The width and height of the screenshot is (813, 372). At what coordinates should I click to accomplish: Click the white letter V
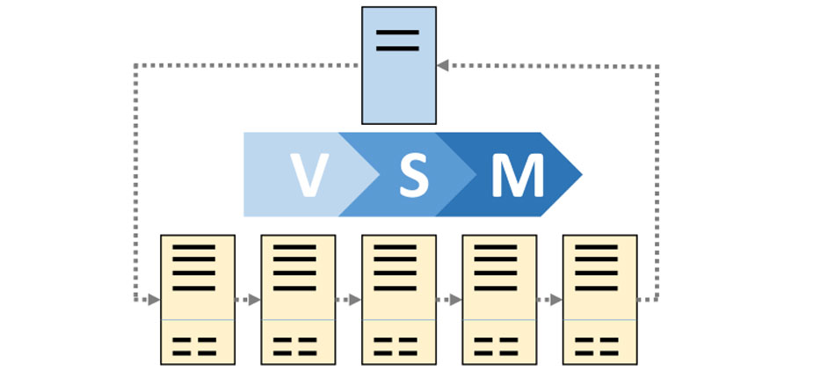(310, 174)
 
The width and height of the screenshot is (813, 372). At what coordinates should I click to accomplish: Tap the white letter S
(414, 174)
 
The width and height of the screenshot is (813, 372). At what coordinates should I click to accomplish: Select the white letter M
(517, 174)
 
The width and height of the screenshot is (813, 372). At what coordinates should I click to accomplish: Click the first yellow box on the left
(197, 299)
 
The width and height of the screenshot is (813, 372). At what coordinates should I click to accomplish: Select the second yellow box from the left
(298, 299)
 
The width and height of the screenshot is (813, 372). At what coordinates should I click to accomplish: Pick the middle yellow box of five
(399, 299)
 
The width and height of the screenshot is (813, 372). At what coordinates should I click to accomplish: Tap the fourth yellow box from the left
(499, 299)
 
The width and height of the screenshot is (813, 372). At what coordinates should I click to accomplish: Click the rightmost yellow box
(599, 299)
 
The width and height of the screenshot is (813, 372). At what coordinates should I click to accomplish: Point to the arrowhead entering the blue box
(442, 64)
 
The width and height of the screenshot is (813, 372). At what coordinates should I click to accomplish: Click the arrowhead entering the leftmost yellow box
(155, 300)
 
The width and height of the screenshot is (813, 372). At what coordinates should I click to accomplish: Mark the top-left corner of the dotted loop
(134, 64)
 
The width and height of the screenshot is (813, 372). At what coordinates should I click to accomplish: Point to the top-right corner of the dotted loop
(657, 65)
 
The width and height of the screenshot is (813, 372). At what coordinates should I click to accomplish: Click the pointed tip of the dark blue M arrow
(581, 174)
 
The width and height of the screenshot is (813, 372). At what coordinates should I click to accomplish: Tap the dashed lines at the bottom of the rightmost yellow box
(599, 345)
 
